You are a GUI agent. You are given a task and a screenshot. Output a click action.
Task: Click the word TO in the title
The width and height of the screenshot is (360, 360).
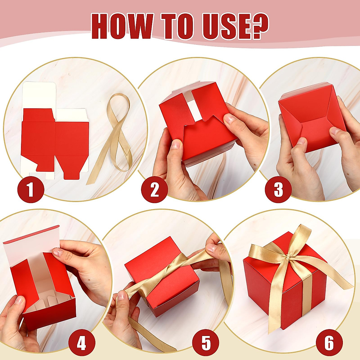[x=177, y=26]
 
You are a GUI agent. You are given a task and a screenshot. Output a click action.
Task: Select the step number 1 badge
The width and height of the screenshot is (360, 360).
[x=31, y=190]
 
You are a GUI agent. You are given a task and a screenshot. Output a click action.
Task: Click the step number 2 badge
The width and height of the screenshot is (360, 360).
[x=154, y=190]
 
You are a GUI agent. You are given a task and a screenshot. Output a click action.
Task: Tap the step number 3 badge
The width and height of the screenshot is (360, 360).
[x=278, y=190]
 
